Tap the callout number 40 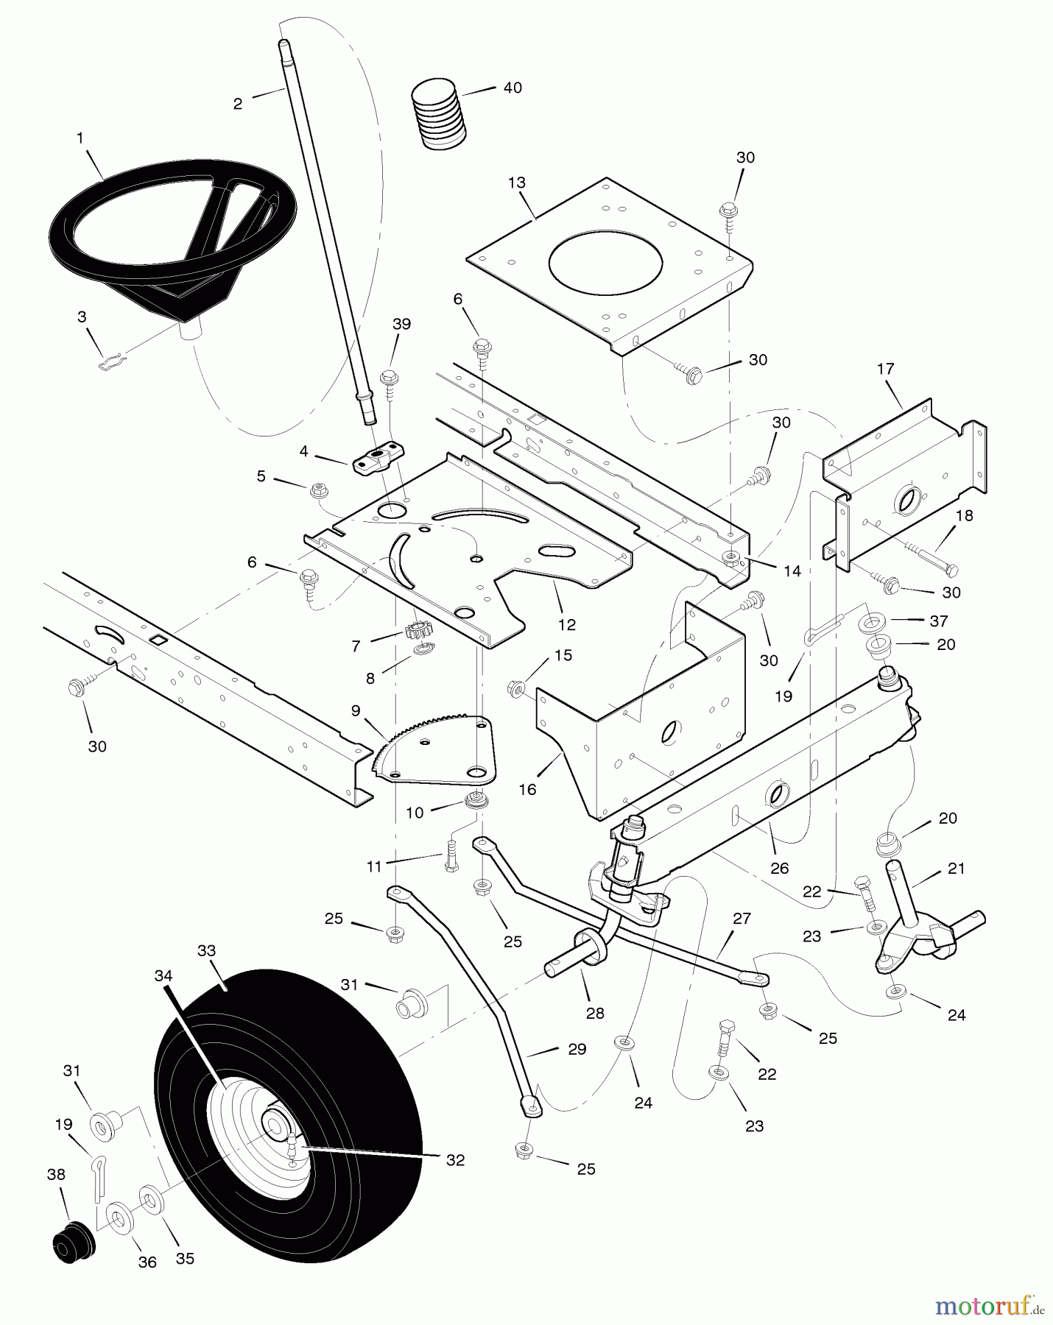[x=513, y=88]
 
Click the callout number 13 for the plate [x=517, y=182]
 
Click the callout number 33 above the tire [x=207, y=950]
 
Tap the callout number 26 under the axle [x=779, y=868]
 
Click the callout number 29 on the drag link [x=577, y=1049]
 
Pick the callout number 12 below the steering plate [x=567, y=624]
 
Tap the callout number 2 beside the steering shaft [x=237, y=104]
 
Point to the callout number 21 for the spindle [x=956, y=869]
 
